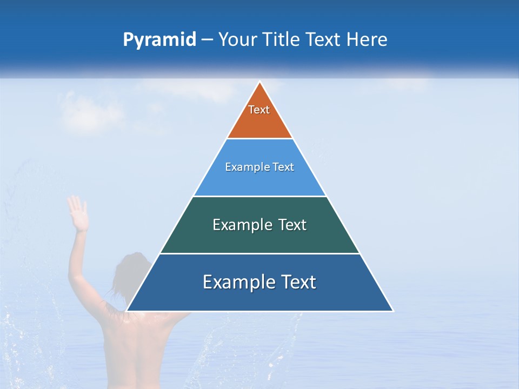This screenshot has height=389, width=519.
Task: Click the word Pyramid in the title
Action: coord(159,40)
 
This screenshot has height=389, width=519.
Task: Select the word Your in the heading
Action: coord(237,39)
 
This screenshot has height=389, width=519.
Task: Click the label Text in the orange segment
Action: coord(259,110)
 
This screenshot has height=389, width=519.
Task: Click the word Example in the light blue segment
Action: coord(243,167)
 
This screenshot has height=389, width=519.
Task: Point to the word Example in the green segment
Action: coord(236,225)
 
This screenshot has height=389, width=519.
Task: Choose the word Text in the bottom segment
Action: coord(297,282)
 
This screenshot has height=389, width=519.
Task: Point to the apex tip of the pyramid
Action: coord(259,83)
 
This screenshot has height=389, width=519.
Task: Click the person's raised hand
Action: coord(78,213)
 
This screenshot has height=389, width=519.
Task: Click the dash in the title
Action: coord(207,40)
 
